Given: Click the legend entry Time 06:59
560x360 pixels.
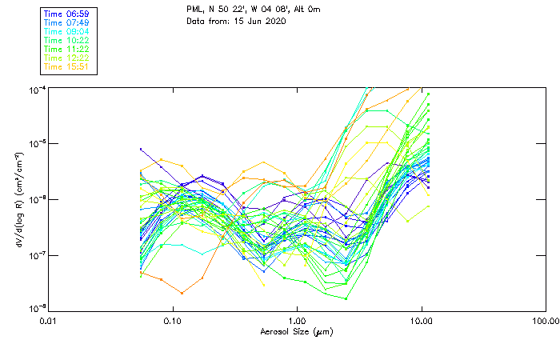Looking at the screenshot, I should (x=66, y=14).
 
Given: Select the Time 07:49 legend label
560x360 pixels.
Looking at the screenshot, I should (x=66, y=22).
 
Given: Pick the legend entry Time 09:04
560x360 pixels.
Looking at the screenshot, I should (x=66, y=31).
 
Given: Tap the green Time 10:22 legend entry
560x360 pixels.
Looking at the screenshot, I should (x=66, y=40).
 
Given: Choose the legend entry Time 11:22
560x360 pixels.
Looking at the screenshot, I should (x=66, y=49).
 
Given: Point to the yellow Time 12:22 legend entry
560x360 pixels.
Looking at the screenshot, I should (x=66, y=58).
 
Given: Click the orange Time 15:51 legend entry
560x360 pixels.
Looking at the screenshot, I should (x=66, y=66).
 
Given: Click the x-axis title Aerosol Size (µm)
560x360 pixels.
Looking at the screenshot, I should (x=297, y=331).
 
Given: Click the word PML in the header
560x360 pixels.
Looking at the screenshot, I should (x=194, y=9).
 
